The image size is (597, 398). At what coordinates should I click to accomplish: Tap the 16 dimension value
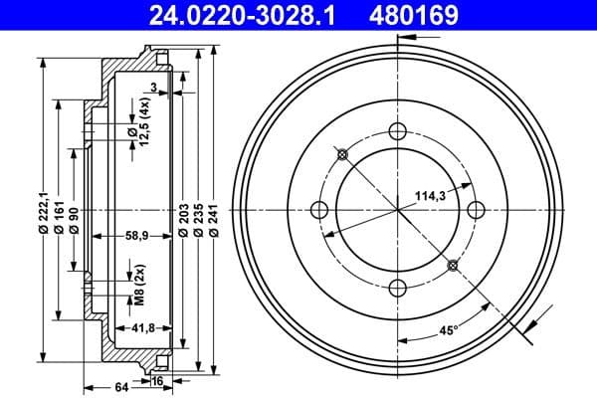coord(158,379)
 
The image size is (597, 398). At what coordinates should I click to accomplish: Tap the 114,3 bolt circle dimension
coord(431,196)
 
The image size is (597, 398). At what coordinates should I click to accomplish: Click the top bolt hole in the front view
coord(398,131)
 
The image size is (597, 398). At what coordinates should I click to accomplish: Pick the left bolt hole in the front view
coord(320,209)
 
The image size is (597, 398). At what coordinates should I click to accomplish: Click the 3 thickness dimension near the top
coord(154,88)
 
